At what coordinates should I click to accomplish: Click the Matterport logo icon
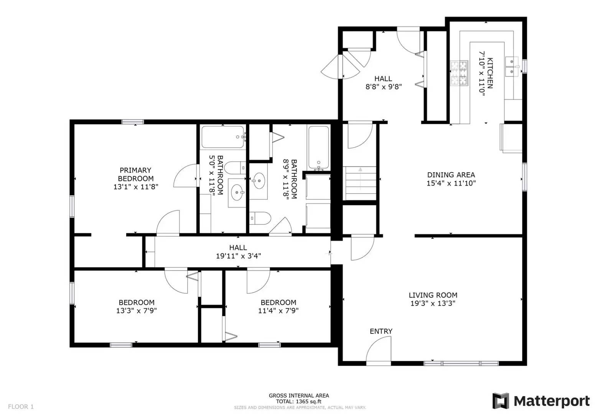tap(501, 401)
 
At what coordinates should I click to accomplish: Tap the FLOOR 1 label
tap(21, 406)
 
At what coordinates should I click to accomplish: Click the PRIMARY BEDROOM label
tap(135, 174)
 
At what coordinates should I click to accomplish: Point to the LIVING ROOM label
tap(433, 295)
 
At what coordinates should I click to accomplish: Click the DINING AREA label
tap(451, 175)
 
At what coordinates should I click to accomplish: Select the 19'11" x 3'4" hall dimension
tap(238, 256)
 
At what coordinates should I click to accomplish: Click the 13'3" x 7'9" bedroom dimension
tap(136, 310)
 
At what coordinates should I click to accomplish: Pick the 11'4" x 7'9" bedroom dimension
tap(278, 310)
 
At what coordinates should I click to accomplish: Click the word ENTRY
tap(381, 331)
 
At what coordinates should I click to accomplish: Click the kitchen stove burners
tap(459, 73)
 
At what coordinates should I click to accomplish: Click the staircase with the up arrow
tap(360, 183)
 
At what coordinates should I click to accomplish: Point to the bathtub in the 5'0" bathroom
tap(222, 137)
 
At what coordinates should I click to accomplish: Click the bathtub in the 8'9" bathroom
tap(318, 147)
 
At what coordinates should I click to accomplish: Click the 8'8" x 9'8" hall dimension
tap(383, 87)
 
